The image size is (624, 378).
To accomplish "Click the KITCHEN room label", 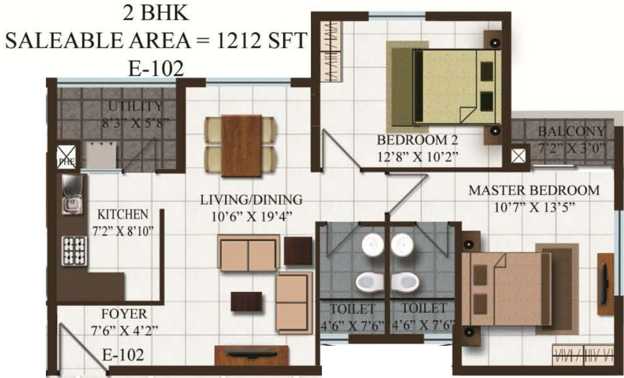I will pos(123,214).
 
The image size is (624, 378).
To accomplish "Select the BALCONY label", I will pos(571,131).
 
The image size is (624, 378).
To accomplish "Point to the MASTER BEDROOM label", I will pos(534,190).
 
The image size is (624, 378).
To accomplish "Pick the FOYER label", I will pos(124,314).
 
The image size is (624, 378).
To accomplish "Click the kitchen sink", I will pos(71,194).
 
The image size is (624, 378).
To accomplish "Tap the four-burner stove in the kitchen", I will pos(73,251).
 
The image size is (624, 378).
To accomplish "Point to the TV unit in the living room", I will pos(252,355).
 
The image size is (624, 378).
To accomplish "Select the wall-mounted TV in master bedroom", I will pos(605,283).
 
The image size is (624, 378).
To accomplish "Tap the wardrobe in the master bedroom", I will pos(586,356).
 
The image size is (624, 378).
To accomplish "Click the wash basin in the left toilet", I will pos(372,245).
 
